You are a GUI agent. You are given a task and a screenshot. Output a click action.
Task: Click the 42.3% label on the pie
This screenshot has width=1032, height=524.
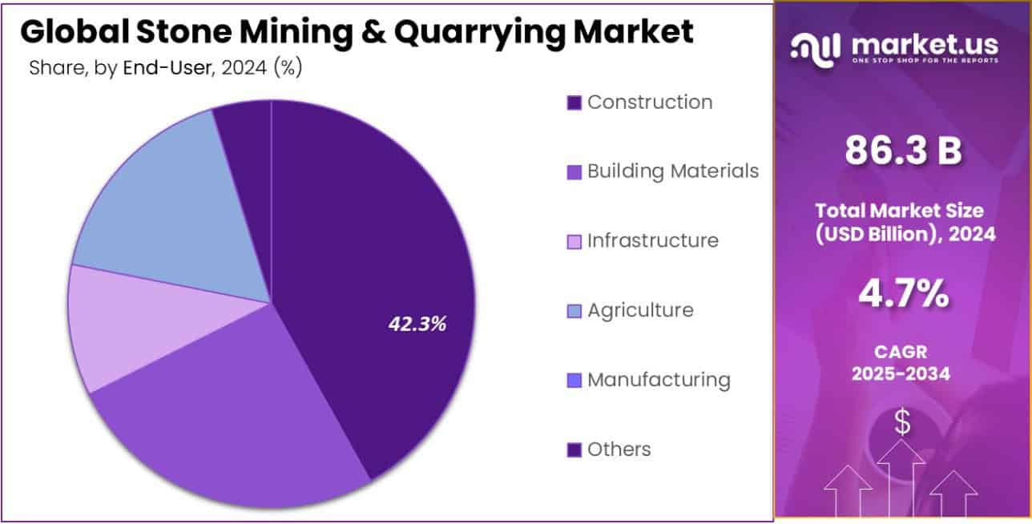click(417, 324)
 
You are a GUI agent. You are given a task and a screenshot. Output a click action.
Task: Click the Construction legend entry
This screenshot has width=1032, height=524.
click(649, 103)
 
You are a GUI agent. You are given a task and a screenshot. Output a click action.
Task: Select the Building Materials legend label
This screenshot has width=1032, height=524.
click(672, 171)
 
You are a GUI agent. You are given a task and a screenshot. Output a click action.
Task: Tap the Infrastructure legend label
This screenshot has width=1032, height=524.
click(652, 240)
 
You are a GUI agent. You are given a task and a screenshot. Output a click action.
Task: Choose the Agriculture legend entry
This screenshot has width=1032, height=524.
click(640, 310)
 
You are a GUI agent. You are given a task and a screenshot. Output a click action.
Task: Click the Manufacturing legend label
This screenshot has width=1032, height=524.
click(659, 379)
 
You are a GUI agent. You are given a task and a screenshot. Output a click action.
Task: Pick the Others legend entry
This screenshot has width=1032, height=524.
click(619, 449)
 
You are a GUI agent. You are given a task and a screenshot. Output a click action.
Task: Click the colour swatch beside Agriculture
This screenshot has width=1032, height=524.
click(574, 311)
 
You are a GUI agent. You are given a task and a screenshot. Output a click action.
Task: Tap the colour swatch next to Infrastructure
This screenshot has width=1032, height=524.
click(574, 241)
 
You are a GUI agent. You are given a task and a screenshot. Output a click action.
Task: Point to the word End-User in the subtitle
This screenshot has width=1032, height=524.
click(166, 68)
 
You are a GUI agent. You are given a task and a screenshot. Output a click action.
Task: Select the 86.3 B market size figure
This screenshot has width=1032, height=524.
click(903, 151)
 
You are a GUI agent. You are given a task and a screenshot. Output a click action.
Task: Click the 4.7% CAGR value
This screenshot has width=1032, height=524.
click(903, 295)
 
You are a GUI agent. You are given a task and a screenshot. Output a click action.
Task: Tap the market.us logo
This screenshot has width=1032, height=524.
click(894, 49)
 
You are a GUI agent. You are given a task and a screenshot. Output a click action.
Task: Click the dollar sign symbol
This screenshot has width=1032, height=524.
click(902, 422)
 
